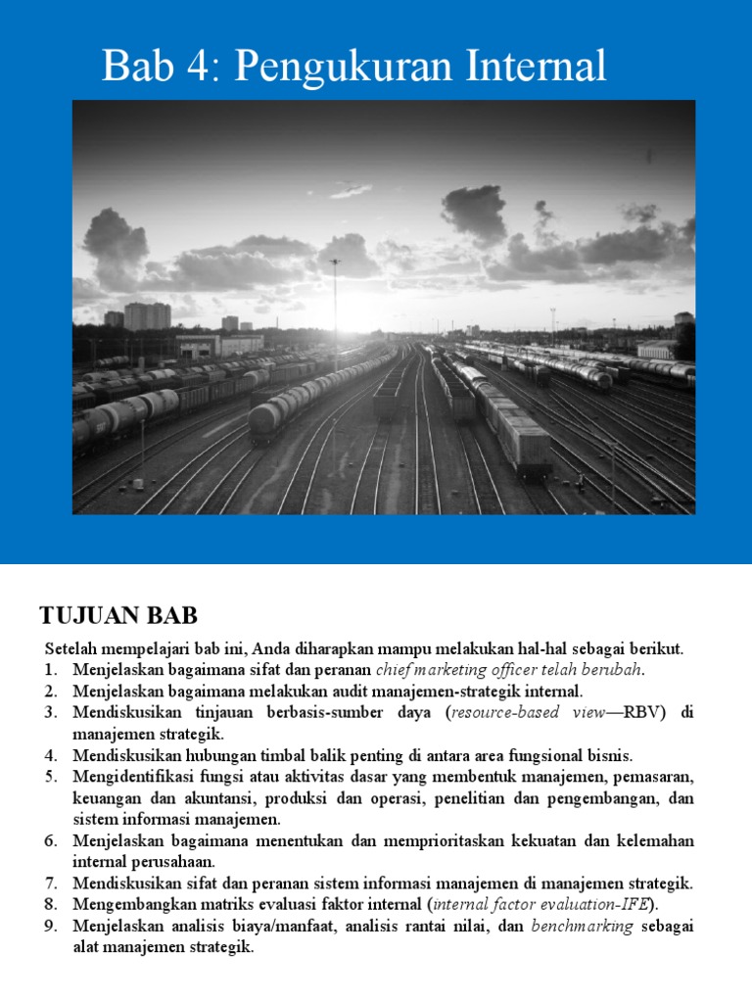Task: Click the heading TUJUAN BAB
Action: tap(118, 616)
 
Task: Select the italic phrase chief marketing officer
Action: tap(457, 670)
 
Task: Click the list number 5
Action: tap(52, 778)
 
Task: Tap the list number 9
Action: tap(52, 927)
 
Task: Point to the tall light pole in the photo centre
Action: tap(336, 304)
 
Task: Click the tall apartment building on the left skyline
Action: tap(147, 315)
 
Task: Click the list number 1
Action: tap(52, 670)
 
